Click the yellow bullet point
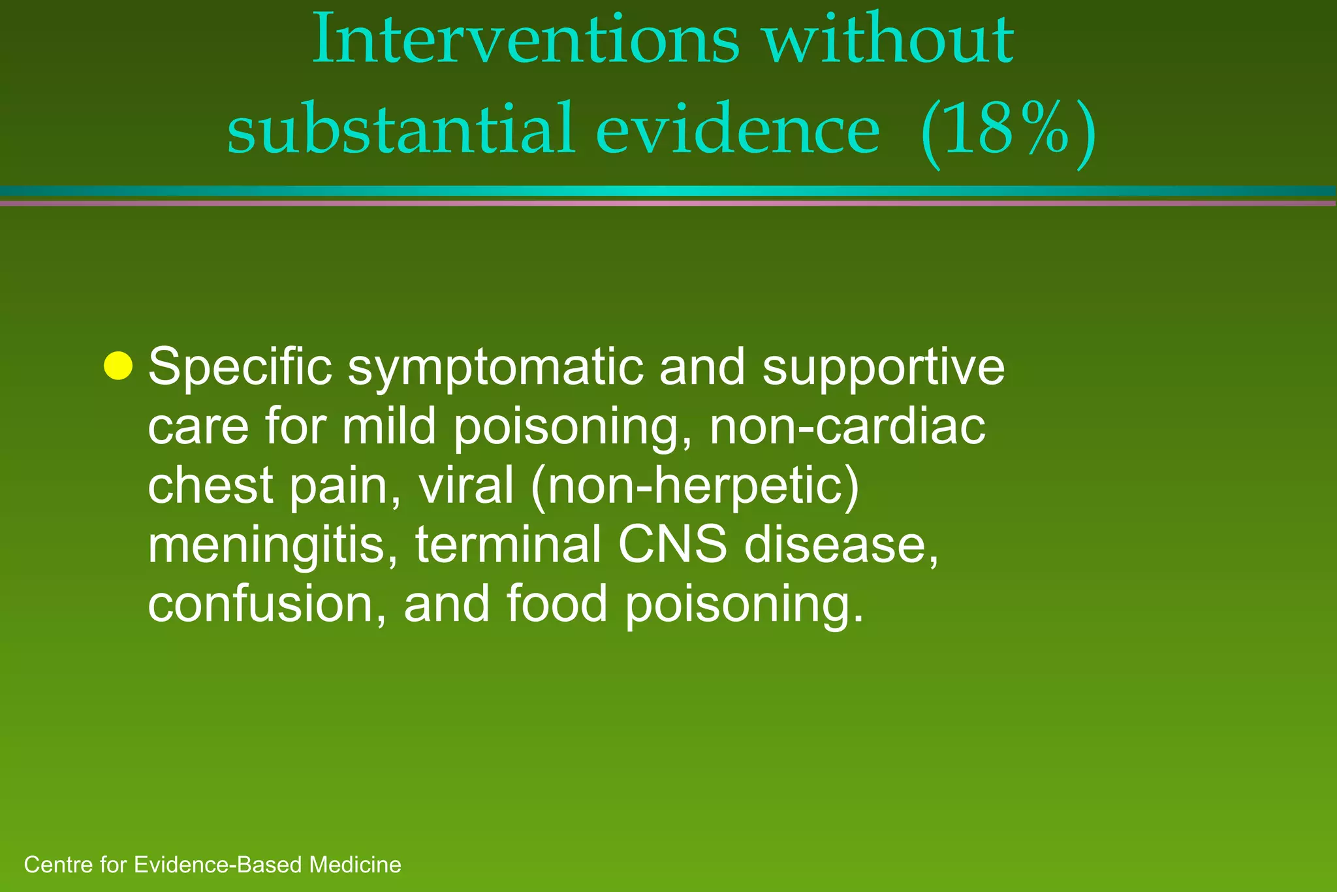coord(118,366)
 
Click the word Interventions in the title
coord(526,40)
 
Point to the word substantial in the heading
coord(400,129)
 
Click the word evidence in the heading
coord(737,129)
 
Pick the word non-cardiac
coord(847,428)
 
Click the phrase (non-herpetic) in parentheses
coord(695,487)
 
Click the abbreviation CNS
coord(672,545)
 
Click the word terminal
coord(508,545)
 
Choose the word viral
coord(465,486)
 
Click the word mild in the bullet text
coord(389,427)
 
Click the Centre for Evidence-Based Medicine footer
coord(212,865)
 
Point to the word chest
coord(210,486)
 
